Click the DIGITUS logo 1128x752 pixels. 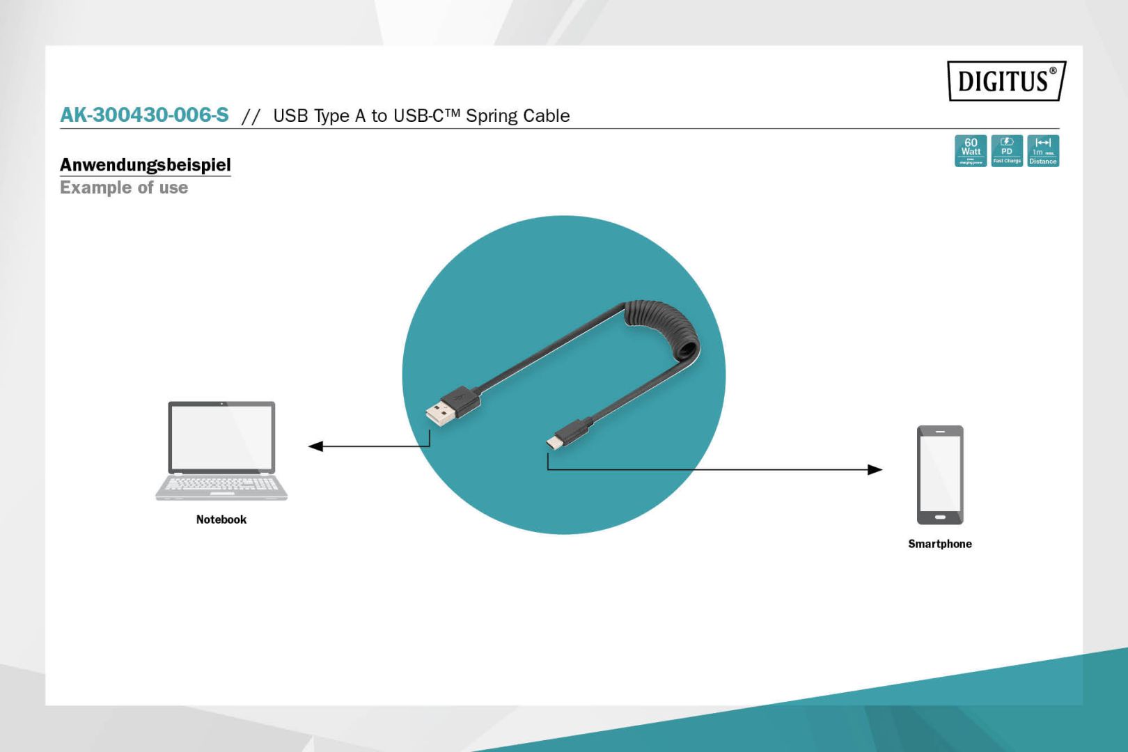pos(1005,81)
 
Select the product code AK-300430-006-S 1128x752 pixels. pos(144,115)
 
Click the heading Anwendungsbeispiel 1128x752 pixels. pos(145,165)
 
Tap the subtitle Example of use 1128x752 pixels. pos(124,188)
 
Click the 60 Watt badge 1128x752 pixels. pos(970,150)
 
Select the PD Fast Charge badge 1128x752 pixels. pos(1007,150)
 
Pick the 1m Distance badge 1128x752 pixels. pos(1043,150)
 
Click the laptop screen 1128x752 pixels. pos(221,437)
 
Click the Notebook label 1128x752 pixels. pos(221,519)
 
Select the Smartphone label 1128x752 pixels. pos(939,544)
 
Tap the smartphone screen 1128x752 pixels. pos(940,473)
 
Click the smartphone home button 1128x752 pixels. pos(940,517)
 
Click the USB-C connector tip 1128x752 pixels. pos(554,442)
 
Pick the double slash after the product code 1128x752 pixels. pos(251,116)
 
